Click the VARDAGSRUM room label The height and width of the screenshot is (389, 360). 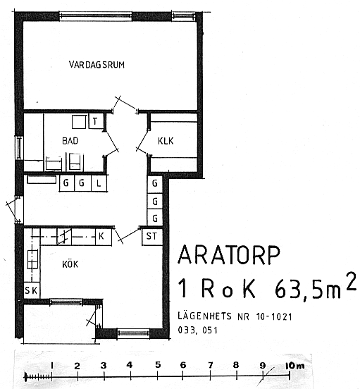click(97, 65)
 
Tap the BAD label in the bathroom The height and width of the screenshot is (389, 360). click(70, 141)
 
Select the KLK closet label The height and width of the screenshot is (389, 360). click(166, 141)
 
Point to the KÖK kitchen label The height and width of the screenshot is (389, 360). click(70, 264)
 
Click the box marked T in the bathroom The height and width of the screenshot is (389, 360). click(96, 121)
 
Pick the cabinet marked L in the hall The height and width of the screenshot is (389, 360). click(99, 183)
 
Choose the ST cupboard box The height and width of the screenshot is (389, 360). click(152, 236)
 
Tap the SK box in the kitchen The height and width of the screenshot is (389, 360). click(32, 290)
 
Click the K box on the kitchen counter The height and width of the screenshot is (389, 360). click(104, 236)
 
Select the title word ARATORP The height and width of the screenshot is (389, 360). click(229, 255)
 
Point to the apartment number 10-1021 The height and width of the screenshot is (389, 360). click(274, 317)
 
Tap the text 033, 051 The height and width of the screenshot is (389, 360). click(197, 331)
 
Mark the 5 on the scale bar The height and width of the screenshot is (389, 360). click(158, 365)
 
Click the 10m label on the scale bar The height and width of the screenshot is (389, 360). click(294, 366)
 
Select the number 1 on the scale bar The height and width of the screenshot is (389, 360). click(52, 366)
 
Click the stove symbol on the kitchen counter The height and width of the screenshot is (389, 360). click(32, 259)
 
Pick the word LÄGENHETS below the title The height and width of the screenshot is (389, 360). click(204, 316)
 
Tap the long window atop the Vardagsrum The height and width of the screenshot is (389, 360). click(96, 16)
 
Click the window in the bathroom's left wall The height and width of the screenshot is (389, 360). click(19, 149)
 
